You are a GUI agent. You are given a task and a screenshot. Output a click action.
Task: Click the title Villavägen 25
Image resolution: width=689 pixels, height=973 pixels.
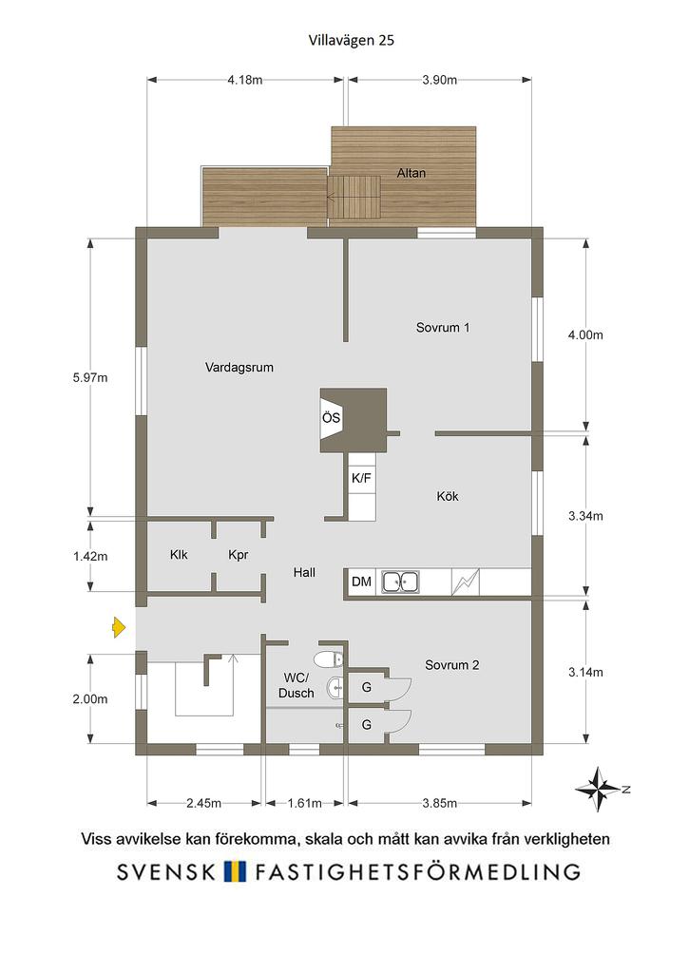point(352,40)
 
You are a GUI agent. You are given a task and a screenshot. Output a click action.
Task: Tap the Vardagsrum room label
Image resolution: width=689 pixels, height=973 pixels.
point(239,368)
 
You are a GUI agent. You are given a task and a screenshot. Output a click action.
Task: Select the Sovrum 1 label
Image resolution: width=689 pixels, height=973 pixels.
point(443,328)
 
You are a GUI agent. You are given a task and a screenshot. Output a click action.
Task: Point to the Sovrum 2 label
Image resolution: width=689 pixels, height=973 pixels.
point(451,665)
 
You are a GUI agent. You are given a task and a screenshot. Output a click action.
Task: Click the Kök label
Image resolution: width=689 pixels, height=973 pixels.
point(448,496)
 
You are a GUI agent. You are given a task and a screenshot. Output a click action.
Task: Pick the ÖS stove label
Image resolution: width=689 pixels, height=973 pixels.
point(331,417)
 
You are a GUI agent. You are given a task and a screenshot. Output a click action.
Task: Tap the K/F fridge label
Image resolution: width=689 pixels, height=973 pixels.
point(361,479)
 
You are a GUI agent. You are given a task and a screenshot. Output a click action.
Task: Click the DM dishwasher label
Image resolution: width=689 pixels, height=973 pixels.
point(361,582)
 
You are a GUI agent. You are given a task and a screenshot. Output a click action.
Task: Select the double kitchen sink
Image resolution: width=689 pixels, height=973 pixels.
point(400,582)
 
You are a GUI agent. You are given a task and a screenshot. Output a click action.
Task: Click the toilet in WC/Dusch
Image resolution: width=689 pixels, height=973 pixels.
point(329,658)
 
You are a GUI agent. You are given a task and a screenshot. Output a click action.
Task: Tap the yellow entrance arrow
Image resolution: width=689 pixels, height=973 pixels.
point(119,628)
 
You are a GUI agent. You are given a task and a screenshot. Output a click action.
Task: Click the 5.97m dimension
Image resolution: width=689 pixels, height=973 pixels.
point(90,377)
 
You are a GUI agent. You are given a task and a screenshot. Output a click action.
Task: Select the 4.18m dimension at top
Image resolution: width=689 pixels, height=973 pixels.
point(244,80)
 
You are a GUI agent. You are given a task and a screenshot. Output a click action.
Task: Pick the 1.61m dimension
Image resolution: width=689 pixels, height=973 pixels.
point(304,803)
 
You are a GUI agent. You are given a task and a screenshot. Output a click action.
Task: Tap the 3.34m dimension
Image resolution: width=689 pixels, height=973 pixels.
point(585,516)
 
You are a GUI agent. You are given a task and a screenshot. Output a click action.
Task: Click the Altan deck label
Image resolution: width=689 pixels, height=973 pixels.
point(411,173)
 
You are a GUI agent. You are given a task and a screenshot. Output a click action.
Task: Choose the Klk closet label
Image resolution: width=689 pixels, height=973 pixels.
point(179,555)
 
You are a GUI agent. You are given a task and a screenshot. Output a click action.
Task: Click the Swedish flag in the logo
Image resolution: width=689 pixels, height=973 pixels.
point(236,871)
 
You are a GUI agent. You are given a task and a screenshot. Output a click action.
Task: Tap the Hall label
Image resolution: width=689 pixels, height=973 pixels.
point(304,573)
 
